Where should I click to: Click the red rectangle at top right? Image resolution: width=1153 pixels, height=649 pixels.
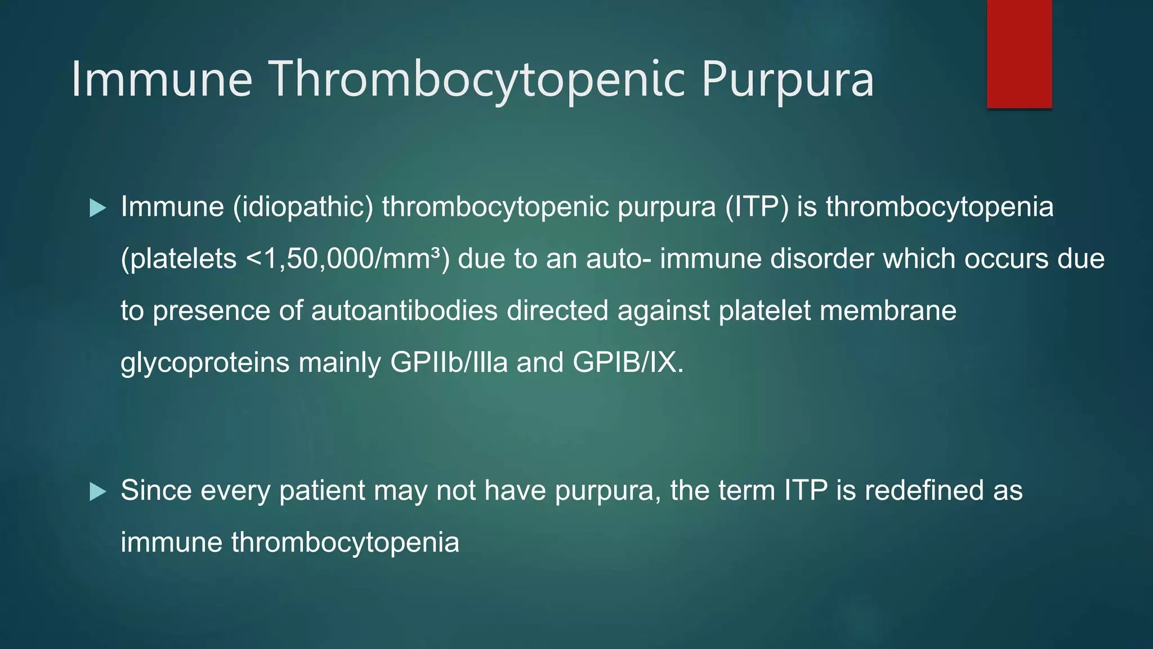pos(1019,54)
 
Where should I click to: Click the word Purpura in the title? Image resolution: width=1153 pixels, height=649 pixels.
pos(788,79)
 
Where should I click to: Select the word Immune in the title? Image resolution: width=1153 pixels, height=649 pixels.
pos(162,79)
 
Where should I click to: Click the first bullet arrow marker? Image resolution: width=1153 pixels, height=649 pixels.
pos(98,208)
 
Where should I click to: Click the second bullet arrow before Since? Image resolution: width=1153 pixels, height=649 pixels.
pos(98,492)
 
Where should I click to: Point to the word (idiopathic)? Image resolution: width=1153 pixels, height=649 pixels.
pos(303,207)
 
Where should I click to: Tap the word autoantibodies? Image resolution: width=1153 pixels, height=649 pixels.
pos(404,311)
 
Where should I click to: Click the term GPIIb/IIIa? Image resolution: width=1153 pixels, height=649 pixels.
pos(449,362)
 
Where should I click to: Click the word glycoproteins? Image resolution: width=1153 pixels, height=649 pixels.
pos(205,363)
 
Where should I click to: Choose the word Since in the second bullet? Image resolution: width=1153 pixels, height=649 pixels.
pos(156,490)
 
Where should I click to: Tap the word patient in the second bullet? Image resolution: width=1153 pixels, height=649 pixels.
pos(322,491)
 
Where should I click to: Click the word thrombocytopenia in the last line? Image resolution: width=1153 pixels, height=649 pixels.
pos(345,543)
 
